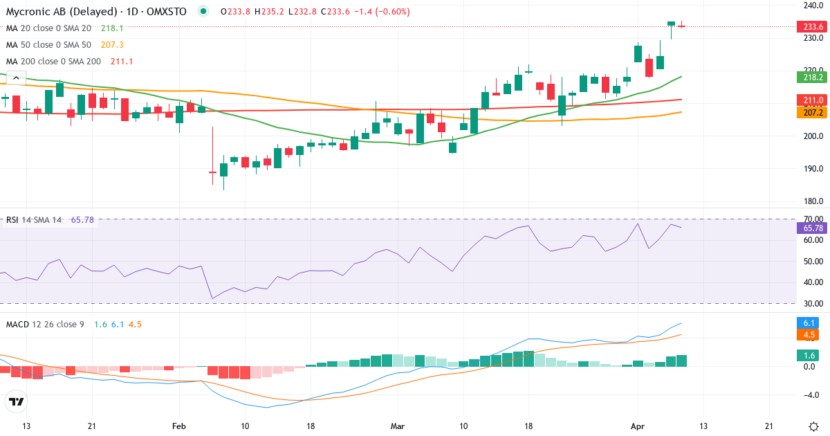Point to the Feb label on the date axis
click(179, 426)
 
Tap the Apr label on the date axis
click(638, 426)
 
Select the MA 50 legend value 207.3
click(112, 44)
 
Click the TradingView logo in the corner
click(17, 401)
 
